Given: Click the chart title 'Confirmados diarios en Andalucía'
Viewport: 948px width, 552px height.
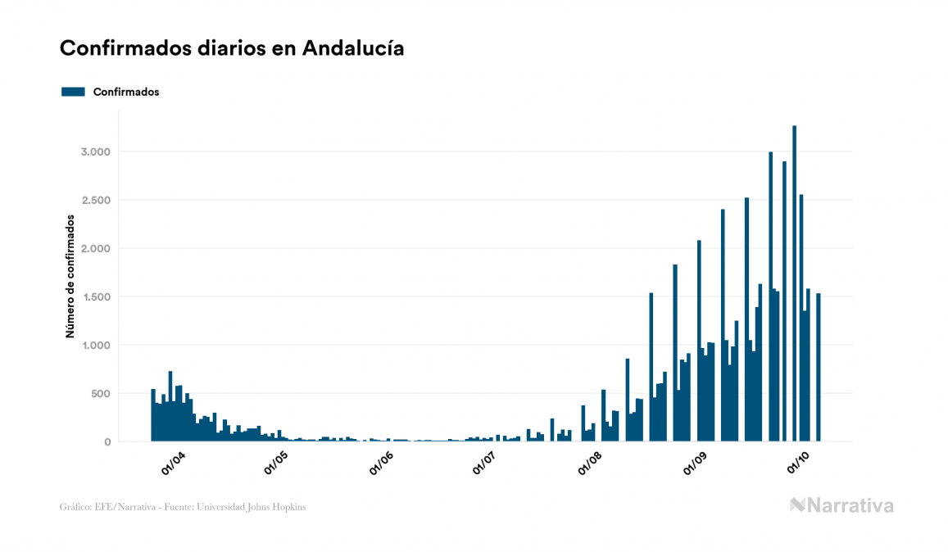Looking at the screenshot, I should (x=232, y=48).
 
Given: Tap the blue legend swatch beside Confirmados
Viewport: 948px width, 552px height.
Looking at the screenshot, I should (x=73, y=92).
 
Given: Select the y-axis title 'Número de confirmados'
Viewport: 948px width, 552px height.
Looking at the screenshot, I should (x=70, y=277).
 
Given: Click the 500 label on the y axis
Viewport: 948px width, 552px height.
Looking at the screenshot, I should (x=99, y=394).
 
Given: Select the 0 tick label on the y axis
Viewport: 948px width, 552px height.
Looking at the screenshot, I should (x=107, y=442).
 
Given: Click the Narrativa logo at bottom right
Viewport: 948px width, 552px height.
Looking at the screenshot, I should (x=841, y=505).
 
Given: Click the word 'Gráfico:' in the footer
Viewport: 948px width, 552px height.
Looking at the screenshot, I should (x=75, y=507).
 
